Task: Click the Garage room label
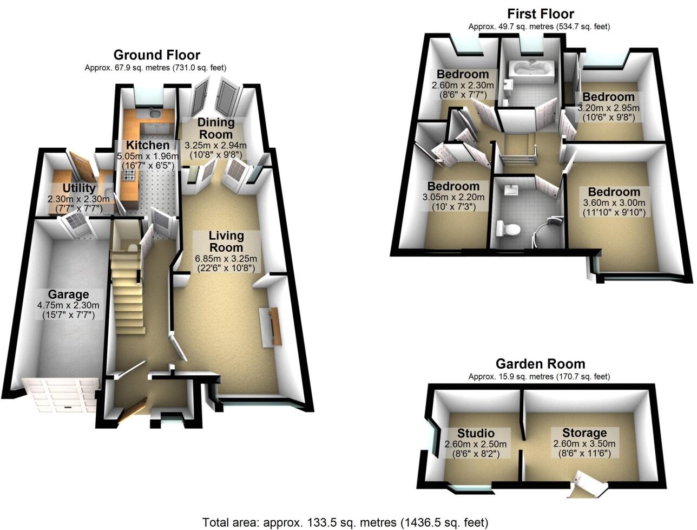tap(68, 295)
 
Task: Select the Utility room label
tap(79, 188)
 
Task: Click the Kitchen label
tap(147, 145)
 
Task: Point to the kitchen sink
tap(154, 114)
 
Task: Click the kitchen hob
tap(130, 174)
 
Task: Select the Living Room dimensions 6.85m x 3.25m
tap(226, 258)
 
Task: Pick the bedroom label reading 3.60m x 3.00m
tap(614, 202)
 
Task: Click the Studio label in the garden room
tap(476, 433)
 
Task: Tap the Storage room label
tap(584, 433)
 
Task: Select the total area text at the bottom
tap(345, 522)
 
